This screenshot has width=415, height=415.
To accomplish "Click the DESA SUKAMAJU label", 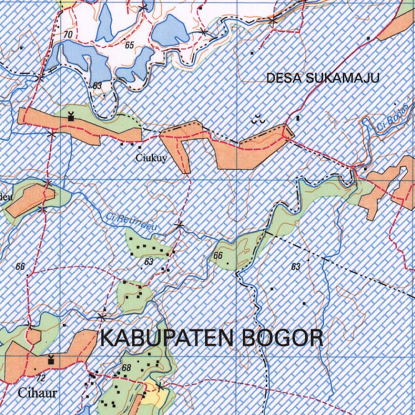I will coord(323,78).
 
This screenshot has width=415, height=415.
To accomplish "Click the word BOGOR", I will coord(282,338).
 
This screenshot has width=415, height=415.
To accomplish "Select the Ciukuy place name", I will coord(151,158).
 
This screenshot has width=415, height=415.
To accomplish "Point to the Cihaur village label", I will coord(37,393).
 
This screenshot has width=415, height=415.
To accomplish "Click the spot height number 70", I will coord(68,35).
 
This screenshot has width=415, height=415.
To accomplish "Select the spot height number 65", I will coord(129,45).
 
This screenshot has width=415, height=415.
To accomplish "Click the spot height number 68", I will coord(126,368).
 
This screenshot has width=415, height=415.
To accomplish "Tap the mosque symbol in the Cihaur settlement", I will coord(51,360).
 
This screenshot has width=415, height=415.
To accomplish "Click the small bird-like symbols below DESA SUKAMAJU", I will coord(258,119).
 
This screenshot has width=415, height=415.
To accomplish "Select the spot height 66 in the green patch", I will coord(218,255).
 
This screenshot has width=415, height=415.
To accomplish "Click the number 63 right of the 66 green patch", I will coord(295,267).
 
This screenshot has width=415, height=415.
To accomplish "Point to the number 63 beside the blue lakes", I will coord(97,86).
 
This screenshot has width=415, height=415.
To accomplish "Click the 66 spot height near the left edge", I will coord(20,266).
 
